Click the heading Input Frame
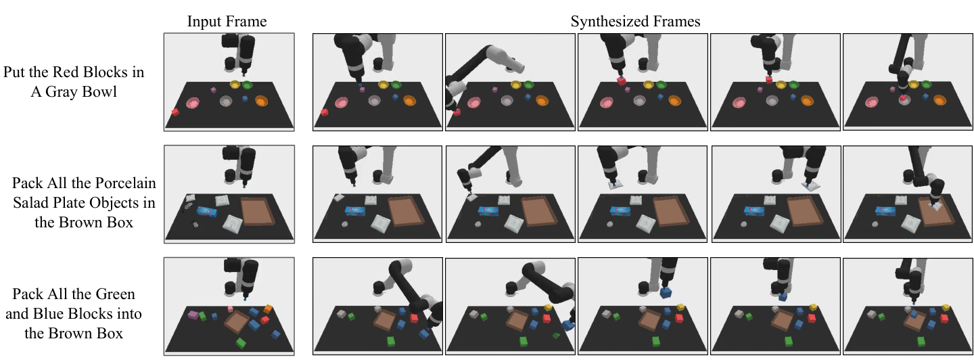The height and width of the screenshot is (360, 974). pos(227,21)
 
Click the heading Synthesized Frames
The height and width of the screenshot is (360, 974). pos(635,21)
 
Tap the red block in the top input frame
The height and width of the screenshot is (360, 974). pos(175,112)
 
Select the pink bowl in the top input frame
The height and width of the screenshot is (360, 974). pos(193,104)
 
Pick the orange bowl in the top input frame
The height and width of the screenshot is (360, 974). pos(261,102)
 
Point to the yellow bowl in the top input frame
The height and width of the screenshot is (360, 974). pos(235,85)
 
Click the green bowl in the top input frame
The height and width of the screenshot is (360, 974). pos(248,85)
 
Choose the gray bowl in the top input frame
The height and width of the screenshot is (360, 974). pos(226,102)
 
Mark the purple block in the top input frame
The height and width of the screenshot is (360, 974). pos(213,90)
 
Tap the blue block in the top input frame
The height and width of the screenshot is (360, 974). pos(245,99)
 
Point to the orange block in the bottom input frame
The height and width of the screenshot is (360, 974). pos(268,309)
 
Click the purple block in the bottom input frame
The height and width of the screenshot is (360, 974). pos(193,315)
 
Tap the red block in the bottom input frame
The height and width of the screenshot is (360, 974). pos(265,321)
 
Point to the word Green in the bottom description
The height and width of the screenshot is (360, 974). pos(114,294)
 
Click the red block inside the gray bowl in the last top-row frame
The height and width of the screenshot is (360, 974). pos(904,98)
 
